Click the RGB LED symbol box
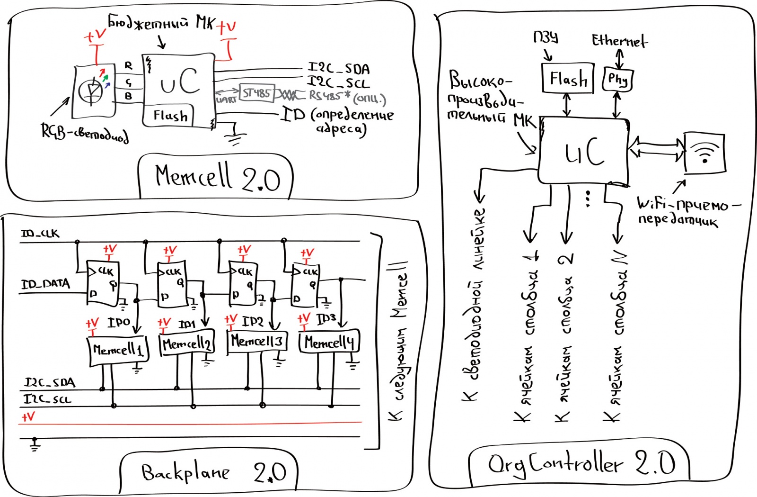pyautogui.click(x=94, y=91)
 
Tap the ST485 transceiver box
pyautogui.click(x=256, y=93)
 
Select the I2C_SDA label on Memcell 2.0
pyautogui.click(x=338, y=69)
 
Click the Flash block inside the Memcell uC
pyautogui.click(x=169, y=116)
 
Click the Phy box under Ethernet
pyautogui.click(x=617, y=79)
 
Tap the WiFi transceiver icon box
pyautogui.click(x=704, y=153)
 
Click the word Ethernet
pyautogui.click(x=619, y=41)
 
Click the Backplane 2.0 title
pyautogui.click(x=213, y=472)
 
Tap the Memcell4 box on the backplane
pyautogui.click(x=329, y=342)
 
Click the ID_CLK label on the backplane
pyautogui.click(x=40, y=234)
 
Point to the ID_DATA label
pyautogui.click(x=45, y=284)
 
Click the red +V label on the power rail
pyautogui.click(x=28, y=417)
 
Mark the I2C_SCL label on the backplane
pyautogui.click(x=47, y=399)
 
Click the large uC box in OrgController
pyautogui.click(x=584, y=151)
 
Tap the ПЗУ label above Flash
pyautogui.click(x=546, y=37)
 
